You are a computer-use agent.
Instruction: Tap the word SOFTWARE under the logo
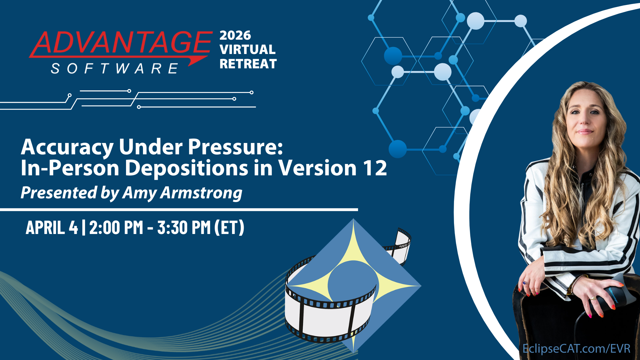(114, 69)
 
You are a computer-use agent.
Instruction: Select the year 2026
(235, 35)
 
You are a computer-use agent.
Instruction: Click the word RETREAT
(248, 64)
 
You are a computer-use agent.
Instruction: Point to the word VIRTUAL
(248, 50)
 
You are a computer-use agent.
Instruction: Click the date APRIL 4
(52, 228)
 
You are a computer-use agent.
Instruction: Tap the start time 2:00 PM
(116, 228)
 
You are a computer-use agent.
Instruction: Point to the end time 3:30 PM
(184, 228)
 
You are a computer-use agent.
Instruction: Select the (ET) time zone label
(229, 228)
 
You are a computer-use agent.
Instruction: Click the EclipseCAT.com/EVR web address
(576, 349)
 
